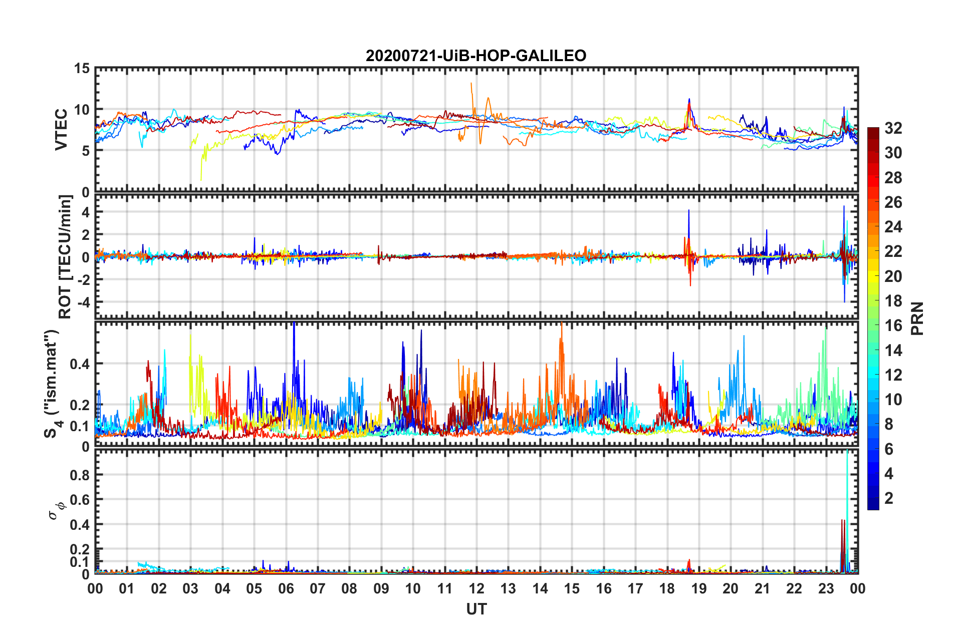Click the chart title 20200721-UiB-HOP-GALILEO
point(476,56)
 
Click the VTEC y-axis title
point(61,129)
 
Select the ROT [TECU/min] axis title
point(65,257)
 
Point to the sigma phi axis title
point(56,511)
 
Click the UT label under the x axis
point(476,609)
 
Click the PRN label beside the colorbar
point(917,318)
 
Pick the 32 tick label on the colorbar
point(893,128)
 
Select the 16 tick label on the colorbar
point(893,326)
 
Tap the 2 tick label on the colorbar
point(889,498)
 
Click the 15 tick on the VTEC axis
point(82,69)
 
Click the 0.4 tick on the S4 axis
point(80,364)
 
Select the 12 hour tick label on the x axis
point(476,589)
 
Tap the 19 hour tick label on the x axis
point(699,589)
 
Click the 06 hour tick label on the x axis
point(286,589)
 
